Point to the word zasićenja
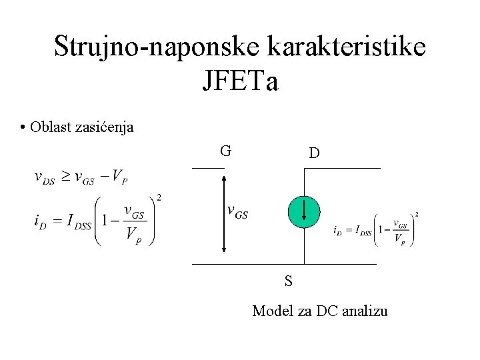(x=107, y=127)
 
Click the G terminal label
(x=226, y=151)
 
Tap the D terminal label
(x=314, y=153)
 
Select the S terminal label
(x=288, y=281)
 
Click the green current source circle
(x=304, y=211)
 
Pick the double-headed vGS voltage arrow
(x=225, y=213)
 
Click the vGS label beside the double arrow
(x=238, y=212)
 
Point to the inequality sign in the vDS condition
(x=65, y=177)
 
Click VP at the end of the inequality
(x=120, y=177)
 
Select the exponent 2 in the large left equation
(x=158, y=197)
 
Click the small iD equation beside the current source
(x=376, y=230)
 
